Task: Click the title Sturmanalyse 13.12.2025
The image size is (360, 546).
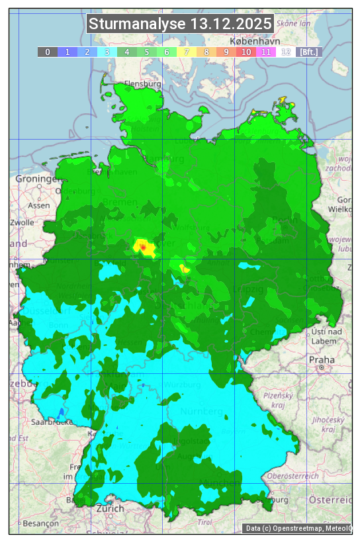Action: pyautogui.click(x=180, y=24)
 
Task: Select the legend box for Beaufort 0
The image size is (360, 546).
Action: pyautogui.click(x=48, y=52)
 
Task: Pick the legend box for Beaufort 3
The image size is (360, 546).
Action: pyautogui.click(x=107, y=52)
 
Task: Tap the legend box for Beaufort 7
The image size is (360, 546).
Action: pyautogui.click(x=187, y=52)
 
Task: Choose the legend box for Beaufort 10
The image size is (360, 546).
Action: pyautogui.click(x=246, y=52)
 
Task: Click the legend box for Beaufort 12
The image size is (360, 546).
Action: pyautogui.click(x=286, y=52)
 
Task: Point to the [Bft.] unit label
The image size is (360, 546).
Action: pyautogui.click(x=308, y=52)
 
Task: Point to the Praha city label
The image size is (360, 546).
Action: pyautogui.click(x=321, y=359)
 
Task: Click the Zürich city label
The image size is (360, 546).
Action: pyautogui.click(x=110, y=508)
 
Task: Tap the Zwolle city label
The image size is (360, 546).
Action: pyautogui.click(x=21, y=222)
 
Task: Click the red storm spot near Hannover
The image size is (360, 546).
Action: pyautogui.click(x=143, y=246)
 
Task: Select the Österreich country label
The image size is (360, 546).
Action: pyautogui.click(x=331, y=498)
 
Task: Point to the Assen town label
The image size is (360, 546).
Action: pyautogui.click(x=39, y=205)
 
